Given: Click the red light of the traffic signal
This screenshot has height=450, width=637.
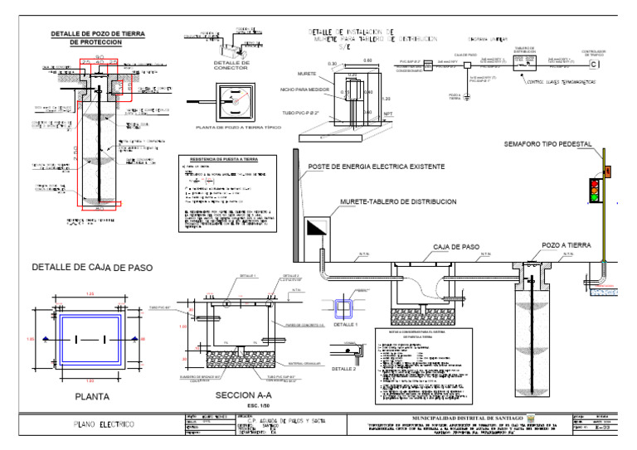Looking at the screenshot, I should tap(595, 181).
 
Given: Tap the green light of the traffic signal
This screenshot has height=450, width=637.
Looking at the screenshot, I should tap(595, 198).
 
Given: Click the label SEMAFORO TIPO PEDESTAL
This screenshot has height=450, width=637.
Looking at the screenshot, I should tap(547, 144).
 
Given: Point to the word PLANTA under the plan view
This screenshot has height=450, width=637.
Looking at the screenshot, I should tap(91, 396).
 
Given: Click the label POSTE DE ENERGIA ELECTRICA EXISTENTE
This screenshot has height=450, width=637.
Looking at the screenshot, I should tap(377, 167).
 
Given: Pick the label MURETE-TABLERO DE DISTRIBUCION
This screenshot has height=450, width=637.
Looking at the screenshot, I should tap(398, 202).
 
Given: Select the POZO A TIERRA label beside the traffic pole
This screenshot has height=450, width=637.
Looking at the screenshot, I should tap(566, 246).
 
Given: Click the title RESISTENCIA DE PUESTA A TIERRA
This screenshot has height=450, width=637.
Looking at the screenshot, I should tap(220, 157).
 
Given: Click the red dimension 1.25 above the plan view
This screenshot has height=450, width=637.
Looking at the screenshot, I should tap(89, 294).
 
